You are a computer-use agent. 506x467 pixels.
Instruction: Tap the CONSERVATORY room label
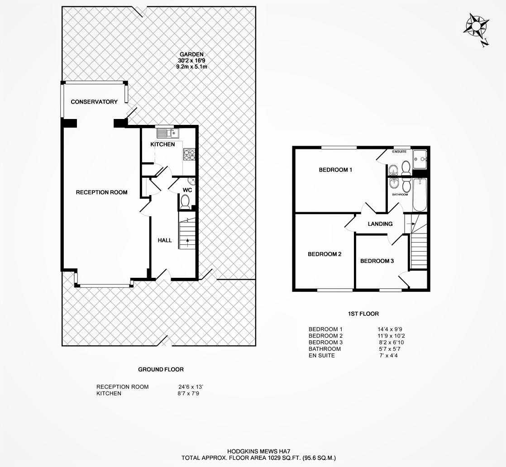(x=94, y=102)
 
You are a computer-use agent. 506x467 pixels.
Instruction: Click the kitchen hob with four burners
(x=190, y=155)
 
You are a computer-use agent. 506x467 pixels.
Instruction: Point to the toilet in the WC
(x=185, y=202)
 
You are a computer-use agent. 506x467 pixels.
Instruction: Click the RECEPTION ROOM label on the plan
(x=102, y=192)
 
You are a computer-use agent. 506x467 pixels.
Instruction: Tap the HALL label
(x=165, y=240)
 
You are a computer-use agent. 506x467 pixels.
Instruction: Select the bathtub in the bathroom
(x=420, y=195)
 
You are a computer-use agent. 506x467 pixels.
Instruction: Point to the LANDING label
(x=380, y=224)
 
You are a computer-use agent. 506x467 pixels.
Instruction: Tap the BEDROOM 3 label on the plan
(x=377, y=261)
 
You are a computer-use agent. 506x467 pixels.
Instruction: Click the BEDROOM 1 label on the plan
(x=335, y=170)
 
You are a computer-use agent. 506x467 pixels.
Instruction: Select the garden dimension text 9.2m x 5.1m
(x=192, y=67)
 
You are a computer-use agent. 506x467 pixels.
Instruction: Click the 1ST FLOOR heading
(x=363, y=314)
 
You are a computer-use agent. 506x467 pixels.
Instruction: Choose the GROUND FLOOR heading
(x=161, y=370)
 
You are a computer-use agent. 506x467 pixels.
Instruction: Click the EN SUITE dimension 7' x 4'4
(x=388, y=356)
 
